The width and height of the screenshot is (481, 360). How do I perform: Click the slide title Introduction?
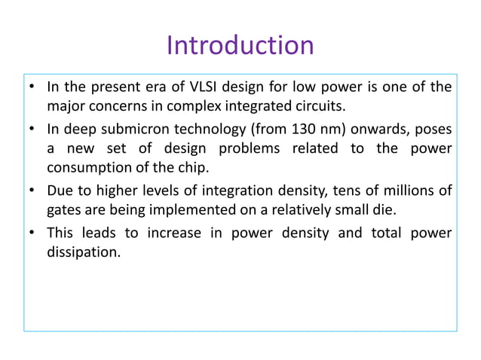click(240, 45)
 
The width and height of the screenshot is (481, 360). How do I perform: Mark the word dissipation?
click(83, 252)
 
